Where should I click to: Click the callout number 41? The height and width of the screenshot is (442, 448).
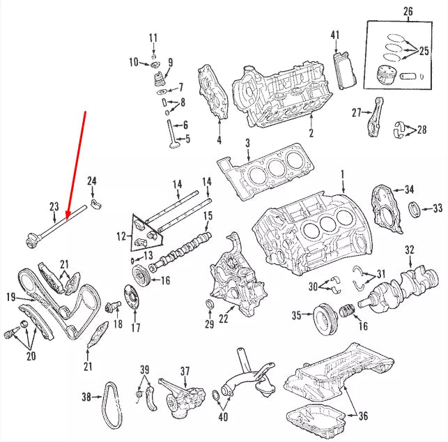tap(334, 35)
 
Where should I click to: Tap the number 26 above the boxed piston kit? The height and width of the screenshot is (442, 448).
tap(408, 11)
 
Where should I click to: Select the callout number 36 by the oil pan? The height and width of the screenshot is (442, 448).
tap(362, 417)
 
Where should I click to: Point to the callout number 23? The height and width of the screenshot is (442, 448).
tap(54, 206)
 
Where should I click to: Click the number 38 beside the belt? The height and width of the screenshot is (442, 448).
tap(86, 397)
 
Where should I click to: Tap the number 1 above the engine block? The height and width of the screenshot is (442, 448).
tap(342, 173)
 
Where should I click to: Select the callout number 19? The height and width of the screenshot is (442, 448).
tap(11, 298)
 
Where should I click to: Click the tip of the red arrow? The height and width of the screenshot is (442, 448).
tap(66, 220)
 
